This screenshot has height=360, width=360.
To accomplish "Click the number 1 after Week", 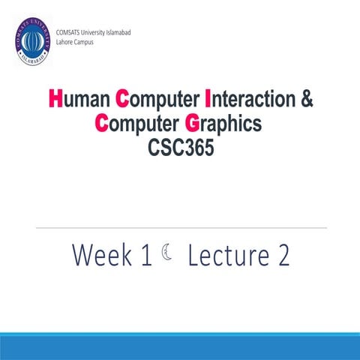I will pyautogui.click(x=146, y=256).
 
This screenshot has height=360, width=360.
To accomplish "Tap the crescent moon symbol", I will pyautogui.click(x=166, y=256).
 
